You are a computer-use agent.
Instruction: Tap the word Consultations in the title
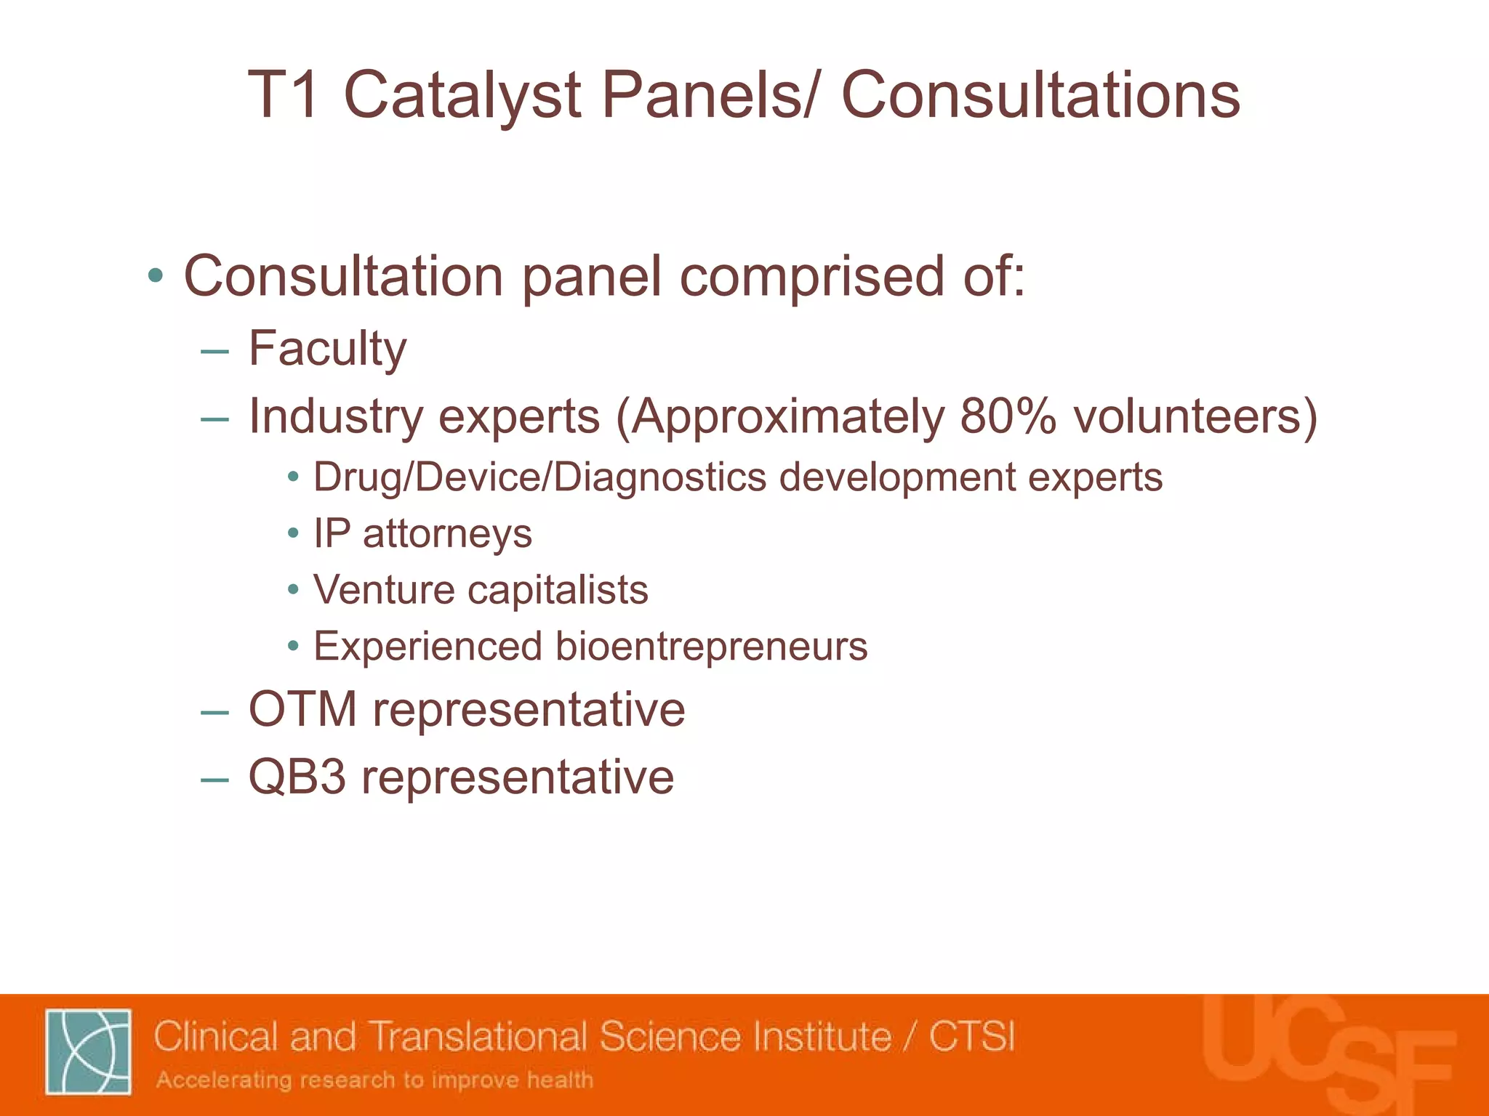point(1040,96)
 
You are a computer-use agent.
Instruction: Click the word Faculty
point(327,349)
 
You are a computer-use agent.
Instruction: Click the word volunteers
point(1187,416)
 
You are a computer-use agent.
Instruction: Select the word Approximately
point(788,418)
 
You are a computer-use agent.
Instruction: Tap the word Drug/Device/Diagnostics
point(539,478)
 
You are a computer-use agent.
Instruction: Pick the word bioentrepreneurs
point(711,646)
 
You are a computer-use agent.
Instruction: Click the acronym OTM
point(302,709)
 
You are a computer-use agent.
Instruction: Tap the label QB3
point(297,777)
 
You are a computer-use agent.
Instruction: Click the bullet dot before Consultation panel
point(155,276)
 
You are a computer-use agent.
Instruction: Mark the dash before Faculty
point(215,352)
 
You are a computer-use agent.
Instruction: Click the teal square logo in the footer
point(88,1051)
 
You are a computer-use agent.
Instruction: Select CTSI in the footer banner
point(971,1036)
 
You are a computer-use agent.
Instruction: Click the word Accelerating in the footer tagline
point(224,1080)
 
